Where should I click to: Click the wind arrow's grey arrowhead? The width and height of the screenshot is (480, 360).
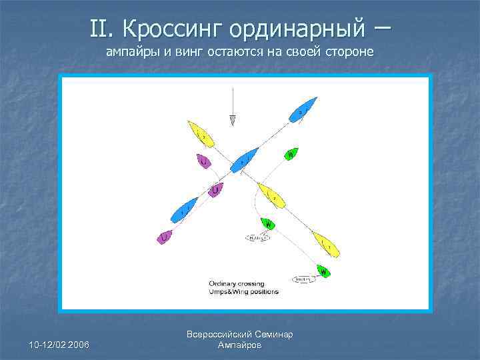[x=233, y=120]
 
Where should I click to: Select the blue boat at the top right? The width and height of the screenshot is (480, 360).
[x=302, y=110]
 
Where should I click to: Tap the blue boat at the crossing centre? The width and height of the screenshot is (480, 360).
[x=245, y=159]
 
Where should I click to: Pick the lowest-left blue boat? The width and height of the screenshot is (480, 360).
[x=185, y=210]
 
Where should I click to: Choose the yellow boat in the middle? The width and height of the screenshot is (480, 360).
[x=273, y=195]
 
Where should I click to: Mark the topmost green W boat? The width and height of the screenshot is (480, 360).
[x=291, y=155]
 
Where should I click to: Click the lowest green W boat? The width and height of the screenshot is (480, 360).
[x=323, y=272]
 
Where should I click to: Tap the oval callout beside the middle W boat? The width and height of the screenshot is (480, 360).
[x=258, y=237]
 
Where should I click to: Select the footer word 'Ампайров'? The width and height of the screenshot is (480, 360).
[x=240, y=345]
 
